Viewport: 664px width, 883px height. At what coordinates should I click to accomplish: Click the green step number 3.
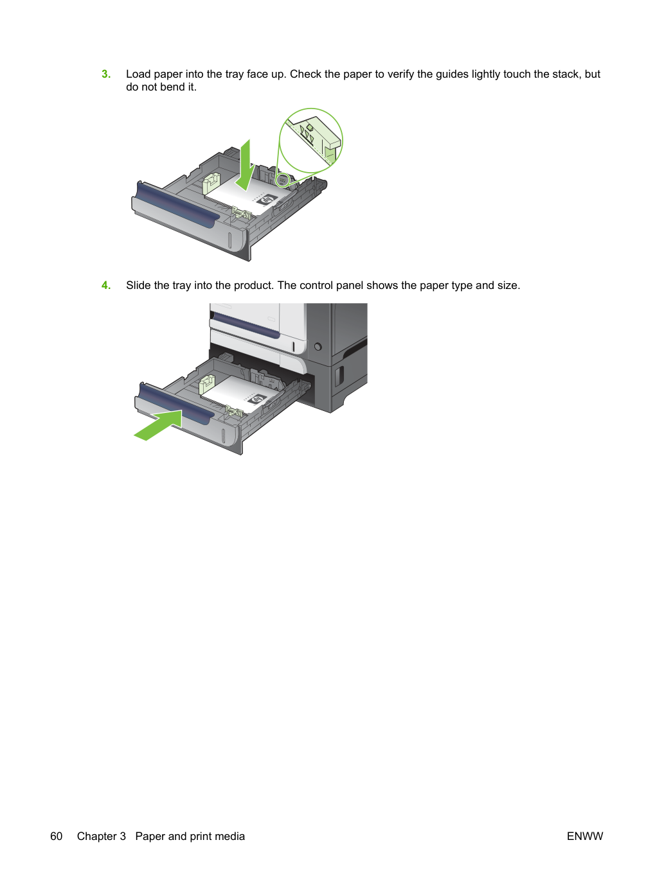click(106, 74)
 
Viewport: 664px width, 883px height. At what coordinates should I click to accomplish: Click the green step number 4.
click(106, 286)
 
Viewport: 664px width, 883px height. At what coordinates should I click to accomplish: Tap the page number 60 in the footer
click(57, 836)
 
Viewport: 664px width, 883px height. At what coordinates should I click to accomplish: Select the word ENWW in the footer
click(585, 836)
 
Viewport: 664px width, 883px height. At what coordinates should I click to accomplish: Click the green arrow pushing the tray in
click(159, 425)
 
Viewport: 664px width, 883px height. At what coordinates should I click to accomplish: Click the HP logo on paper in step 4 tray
click(258, 399)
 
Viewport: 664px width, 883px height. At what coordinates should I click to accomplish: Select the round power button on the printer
click(318, 346)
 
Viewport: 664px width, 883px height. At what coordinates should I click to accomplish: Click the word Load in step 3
click(138, 74)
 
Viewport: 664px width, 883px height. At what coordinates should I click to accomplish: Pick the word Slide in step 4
click(138, 286)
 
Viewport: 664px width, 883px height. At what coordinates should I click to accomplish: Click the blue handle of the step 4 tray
click(176, 404)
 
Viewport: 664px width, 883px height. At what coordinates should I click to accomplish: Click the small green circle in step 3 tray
click(282, 180)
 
